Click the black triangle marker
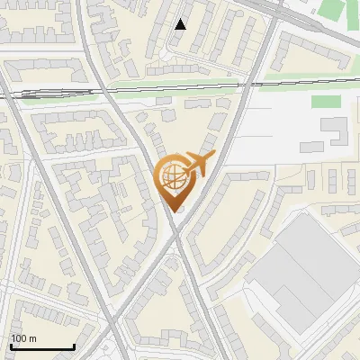point(181,24)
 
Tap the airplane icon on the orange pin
point(197,165)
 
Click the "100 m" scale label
point(24,338)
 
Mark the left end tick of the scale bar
point(11,346)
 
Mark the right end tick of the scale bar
point(74,346)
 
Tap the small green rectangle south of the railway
point(326,102)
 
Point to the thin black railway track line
point(180,87)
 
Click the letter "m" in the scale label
point(32,338)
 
